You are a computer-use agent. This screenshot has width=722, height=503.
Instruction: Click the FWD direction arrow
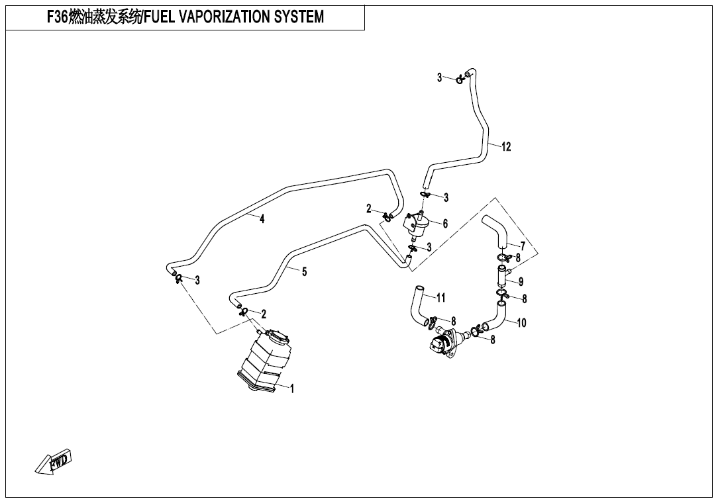pos(54,461)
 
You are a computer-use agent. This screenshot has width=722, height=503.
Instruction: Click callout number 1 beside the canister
pos(292,389)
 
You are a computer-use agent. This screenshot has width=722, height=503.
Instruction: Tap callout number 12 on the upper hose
pos(506,147)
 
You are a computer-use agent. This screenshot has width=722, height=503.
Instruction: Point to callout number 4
pos(262,219)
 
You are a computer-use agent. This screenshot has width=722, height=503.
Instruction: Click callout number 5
pos(304,271)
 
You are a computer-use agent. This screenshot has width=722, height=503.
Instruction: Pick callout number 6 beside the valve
pos(445,224)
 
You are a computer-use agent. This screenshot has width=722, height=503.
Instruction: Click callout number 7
pos(523,247)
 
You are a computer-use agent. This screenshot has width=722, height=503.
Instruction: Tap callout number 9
pos(521,282)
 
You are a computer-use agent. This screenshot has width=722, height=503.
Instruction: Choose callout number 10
pos(521,323)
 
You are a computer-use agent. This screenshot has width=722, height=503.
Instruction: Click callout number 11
pos(440,298)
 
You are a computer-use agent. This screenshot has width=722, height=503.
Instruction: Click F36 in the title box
pos(57,17)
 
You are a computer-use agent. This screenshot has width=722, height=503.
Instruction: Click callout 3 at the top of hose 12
pos(439,77)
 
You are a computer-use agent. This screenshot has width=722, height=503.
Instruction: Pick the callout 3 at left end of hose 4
pos(197,281)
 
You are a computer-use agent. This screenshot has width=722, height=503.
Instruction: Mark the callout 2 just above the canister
pos(264,314)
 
